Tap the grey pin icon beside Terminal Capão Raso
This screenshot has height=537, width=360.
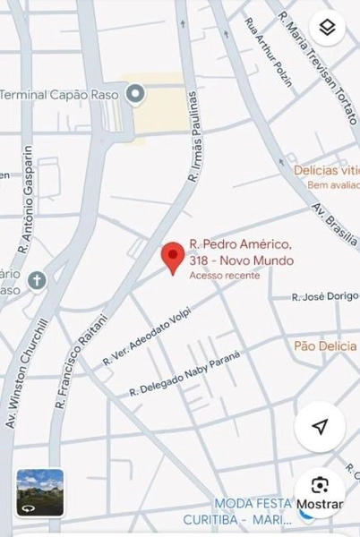[x=135, y=93]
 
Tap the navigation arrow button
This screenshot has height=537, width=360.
[x=319, y=427]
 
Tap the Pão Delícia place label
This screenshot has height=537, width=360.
[x=325, y=345]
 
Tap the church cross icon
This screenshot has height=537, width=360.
[x=37, y=280]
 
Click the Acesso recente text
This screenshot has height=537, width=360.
[x=225, y=276]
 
